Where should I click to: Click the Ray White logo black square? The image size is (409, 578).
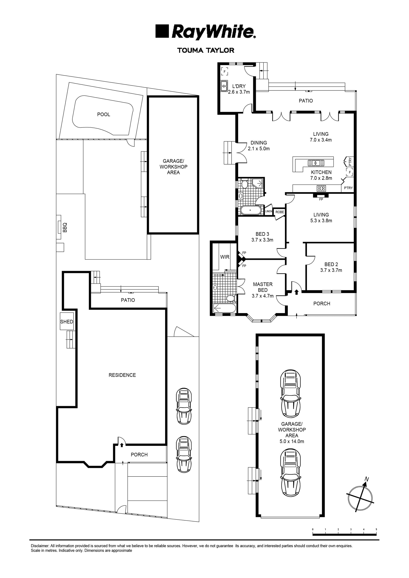pyautogui.click(x=162, y=31)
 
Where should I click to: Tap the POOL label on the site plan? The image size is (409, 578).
pyautogui.click(x=104, y=114)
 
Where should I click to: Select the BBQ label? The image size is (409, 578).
pyautogui.click(x=65, y=227)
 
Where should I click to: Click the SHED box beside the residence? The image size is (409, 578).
pyautogui.click(x=67, y=322)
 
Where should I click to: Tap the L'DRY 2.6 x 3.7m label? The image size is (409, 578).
pyautogui.click(x=239, y=89)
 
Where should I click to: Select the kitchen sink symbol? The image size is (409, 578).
pyautogui.click(x=316, y=163)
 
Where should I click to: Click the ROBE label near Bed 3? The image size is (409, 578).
pyautogui.click(x=279, y=212)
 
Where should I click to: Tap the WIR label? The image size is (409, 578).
pyautogui.click(x=225, y=257)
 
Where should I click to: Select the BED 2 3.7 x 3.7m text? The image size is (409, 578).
pyautogui.click(x=331, y=267)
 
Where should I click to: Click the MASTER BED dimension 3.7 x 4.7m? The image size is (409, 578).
pyautogui.click(x=263, y=296)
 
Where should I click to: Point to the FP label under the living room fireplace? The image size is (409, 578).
pyautogui.click(x=321, y=199)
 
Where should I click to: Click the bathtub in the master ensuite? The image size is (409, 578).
pyautogui.click(x=225, y=308)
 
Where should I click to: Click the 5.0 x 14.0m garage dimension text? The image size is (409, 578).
pyautogui.click(x=292, y=441)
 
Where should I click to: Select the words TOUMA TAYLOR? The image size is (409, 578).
pyautogui.click(x=206, y=50)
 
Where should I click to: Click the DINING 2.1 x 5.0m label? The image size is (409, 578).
pyautogui.click(x=259, y=146)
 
